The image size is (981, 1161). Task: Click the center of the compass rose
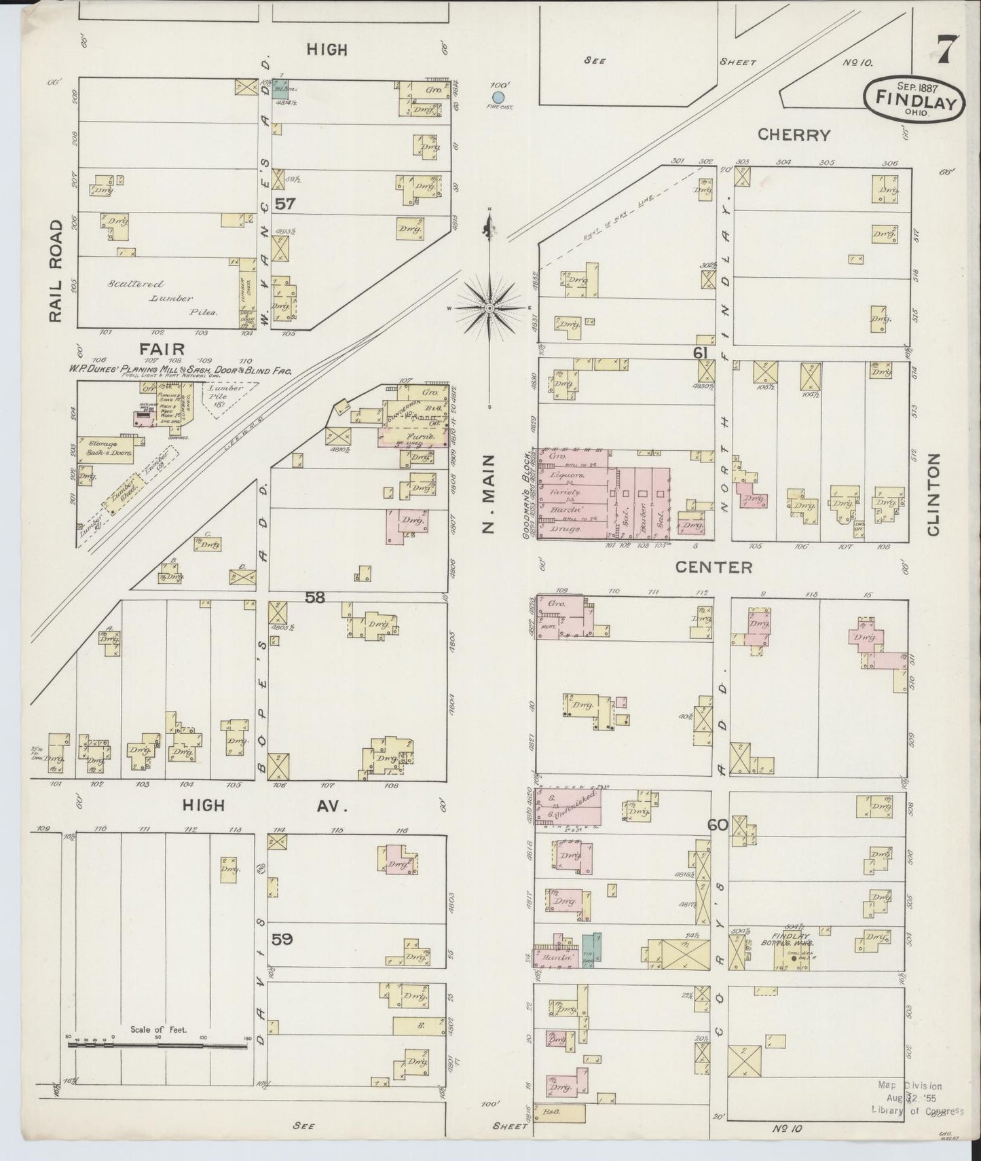489,308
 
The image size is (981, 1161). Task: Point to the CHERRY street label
794,134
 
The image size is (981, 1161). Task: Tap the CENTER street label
713,567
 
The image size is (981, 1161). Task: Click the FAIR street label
163,348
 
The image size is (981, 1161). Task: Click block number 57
285,203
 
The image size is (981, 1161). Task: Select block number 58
315,597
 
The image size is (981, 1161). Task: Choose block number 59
282,939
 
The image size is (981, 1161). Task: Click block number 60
718,825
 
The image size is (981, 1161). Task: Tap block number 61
701,352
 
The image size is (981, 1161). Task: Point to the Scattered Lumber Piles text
161,298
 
